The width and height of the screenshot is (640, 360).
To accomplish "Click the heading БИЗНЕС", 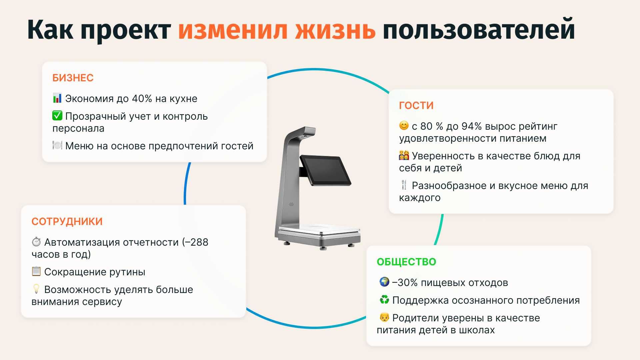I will (x=73, y=78).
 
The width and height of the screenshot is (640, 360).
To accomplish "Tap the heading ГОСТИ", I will (x=416, y=106).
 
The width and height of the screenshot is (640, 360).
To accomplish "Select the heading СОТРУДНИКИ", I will (x=67, y=222).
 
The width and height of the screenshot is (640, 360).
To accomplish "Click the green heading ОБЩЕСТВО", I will (x=406, y=262).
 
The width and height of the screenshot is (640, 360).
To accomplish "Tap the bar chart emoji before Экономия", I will (x=57, y=98).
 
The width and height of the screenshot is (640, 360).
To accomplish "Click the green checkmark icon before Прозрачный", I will (x=57, y=116).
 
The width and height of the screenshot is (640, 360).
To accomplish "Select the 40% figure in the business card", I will (x=142, y=99).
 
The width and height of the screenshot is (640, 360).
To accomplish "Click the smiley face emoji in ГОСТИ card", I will (x=404, y=126).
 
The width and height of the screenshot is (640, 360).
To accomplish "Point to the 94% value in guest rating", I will (x=471, y=126).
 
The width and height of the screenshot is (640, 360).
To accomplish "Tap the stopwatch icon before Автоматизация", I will (x=36, y=242).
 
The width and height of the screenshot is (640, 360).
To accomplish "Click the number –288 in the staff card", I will (x=196, y=242).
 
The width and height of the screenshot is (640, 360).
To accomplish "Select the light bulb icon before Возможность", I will (x=36, y=289).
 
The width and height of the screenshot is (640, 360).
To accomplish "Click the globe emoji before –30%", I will (x=384, y=282).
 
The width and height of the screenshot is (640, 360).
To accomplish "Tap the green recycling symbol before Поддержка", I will (x=384, y=300).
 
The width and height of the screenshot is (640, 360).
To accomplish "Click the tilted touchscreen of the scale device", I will (x=325, y=170).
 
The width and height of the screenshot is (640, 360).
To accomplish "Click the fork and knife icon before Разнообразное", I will (x=404, y=185).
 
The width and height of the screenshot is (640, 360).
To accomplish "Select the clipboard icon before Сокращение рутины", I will (x=36, y=271).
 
